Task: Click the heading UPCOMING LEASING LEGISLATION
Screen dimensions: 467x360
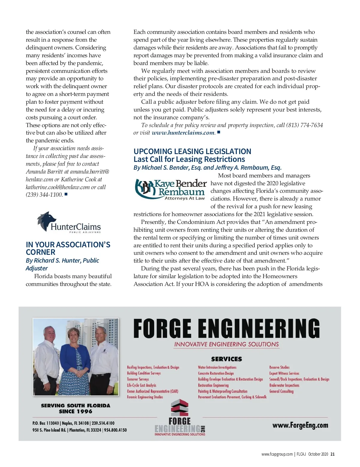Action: click(192, 151)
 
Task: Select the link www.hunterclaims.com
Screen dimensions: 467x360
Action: click(183, 133)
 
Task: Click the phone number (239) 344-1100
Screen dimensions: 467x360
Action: click(44, 195)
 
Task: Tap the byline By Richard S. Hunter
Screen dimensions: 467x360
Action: click(62, 260)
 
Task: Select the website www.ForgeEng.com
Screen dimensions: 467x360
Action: click(300, 425)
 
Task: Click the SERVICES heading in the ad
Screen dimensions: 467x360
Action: click(226, 359)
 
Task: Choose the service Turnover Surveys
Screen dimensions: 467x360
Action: click(138, 379)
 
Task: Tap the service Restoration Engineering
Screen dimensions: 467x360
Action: click(213, 385)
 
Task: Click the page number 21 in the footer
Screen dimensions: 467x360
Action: click(332, 454)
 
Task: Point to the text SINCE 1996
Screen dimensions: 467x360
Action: click(75, 412)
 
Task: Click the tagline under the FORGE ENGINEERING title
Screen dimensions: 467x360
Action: click(226, 344)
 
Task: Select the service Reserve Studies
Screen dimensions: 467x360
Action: click(279, 367)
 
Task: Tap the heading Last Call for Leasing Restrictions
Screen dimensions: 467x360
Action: click(189, 159)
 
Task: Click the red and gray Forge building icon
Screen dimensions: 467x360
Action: click(179, 408)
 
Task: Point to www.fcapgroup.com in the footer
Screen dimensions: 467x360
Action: click(277, 454)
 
